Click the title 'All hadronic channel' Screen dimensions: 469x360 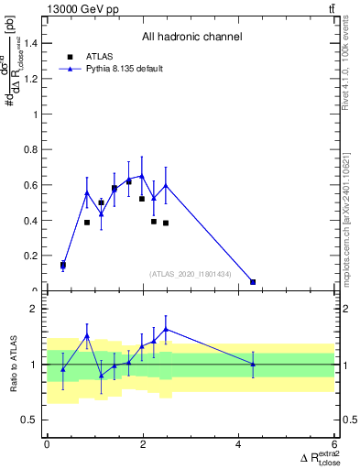[x=191, y=38]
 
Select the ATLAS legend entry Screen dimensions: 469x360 [x=99, y=55]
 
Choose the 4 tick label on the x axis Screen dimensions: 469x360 [x=238, y=444]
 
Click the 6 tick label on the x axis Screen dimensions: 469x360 [x=334, y=444]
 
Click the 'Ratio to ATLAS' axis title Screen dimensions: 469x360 [x=13, y=365]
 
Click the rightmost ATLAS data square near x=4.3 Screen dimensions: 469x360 [x=253, y=282]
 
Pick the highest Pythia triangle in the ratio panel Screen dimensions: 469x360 [x=166, y=329]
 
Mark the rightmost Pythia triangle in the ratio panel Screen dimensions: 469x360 [x=253, y=365]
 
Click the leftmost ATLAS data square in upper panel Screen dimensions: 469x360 [x=63, y=265]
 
